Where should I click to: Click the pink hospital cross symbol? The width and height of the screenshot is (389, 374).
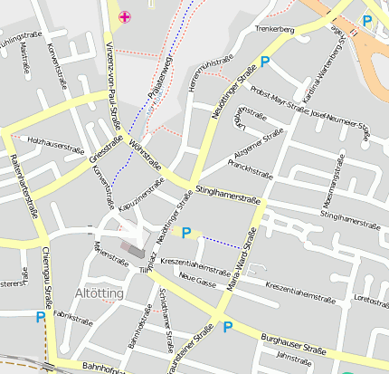[x=125, y=16]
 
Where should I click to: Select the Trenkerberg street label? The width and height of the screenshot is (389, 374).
[x=276, y=30]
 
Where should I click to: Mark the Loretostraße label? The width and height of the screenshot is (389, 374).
[x=371, y=297]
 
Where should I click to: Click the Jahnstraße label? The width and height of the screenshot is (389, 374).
[x=293, y=358]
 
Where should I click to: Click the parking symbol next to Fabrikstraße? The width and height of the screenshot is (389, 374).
[x=40, y=317]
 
